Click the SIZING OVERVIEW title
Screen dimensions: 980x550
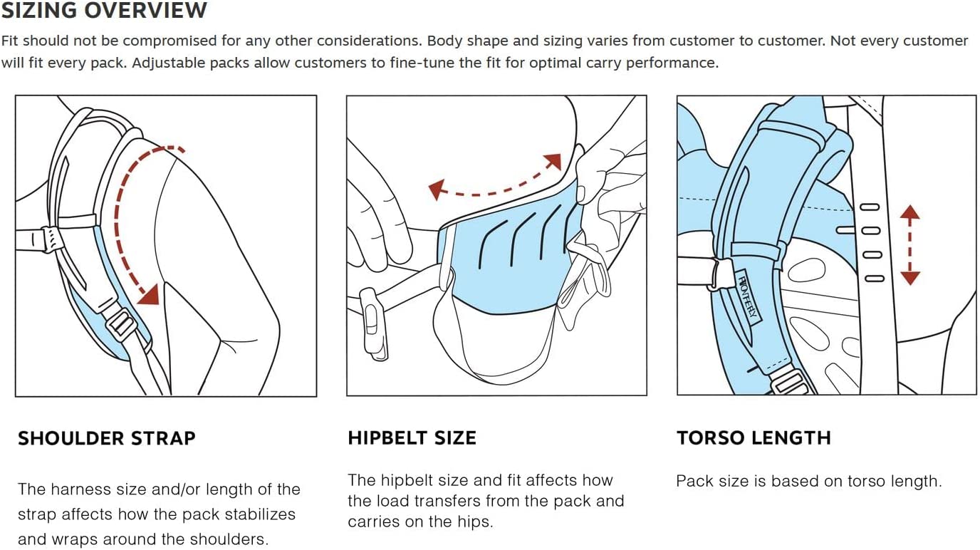coord(104,11)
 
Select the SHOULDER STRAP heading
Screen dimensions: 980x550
coord(107,438)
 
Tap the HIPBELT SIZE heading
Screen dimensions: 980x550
coord(412,438)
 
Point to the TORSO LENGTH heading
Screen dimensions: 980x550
coord(754,438)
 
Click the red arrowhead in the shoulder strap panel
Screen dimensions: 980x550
coord(150,294)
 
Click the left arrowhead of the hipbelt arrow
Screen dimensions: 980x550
coord(437,190)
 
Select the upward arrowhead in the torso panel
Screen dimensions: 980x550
coord(910,212)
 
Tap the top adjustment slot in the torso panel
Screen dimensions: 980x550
coord(870,207)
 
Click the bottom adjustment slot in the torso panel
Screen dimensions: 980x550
coord(875,279)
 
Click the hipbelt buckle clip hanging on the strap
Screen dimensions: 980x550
coord(373,323)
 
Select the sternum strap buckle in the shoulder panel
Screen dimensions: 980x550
coord(51,240)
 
